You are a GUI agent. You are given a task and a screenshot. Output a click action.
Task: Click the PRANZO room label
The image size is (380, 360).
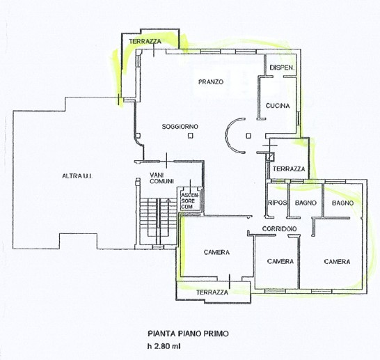(211, 82)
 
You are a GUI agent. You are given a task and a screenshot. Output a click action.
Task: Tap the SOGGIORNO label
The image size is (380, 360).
(180, 126)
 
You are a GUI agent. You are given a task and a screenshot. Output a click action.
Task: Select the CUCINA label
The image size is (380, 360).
(278, 106)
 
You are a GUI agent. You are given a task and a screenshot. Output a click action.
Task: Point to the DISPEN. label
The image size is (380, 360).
(282, 68)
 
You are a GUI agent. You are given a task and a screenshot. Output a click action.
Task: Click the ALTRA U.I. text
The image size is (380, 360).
(77, 176)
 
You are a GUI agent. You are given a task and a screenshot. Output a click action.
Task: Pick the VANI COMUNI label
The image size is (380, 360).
(161, 178)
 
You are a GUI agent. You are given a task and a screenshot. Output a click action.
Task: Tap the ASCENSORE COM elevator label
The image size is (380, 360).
(189, 201)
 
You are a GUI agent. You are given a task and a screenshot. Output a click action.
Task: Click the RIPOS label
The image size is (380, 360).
(277, 203)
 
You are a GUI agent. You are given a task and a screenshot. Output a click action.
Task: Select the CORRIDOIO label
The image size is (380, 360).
(279, 228)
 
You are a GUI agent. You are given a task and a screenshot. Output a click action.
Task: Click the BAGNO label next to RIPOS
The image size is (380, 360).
(306, 203)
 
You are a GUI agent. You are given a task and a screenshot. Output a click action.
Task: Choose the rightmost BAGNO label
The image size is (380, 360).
(342, 203)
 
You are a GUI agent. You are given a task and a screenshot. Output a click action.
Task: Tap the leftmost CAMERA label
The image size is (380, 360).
(216, 252)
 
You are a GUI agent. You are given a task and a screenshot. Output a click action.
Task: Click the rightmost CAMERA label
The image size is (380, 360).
(337, 262)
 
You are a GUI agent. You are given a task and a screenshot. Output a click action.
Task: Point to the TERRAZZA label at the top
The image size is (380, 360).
(145, 42)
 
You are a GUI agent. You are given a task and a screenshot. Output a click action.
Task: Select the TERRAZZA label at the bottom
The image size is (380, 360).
(212, 292)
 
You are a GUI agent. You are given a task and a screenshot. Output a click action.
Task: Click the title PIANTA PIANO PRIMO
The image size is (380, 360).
(189, 334)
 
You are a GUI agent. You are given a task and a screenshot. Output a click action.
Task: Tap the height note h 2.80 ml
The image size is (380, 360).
(164, 346)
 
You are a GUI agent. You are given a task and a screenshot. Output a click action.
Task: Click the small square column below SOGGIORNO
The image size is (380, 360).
(191, 136)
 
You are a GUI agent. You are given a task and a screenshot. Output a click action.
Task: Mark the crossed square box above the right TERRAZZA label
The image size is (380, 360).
(270, 157)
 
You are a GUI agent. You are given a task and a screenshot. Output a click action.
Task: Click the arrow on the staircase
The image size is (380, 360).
(168, 201)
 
